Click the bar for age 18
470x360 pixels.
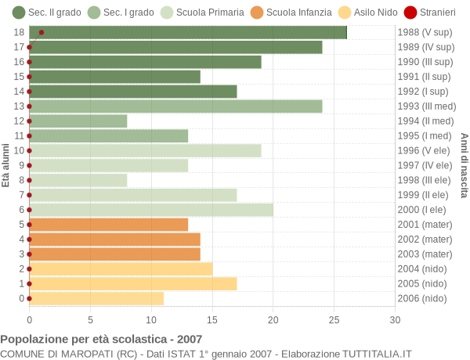coord(188,32)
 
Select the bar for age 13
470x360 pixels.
coord(175,106)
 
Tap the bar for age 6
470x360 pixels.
coord(151,210)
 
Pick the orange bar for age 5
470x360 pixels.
coord(109,225)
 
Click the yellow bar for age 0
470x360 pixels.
coord(96,298)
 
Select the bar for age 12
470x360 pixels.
coord(78,121)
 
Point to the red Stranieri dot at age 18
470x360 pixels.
coord(42,32)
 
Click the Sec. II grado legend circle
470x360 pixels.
coord(19,12)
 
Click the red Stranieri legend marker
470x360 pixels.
coord(410,12)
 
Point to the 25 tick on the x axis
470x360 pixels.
coord(334,319)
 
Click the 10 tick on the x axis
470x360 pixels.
coord(151,319)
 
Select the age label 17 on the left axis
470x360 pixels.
coord(19,47)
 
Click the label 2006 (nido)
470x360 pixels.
coord(423,298)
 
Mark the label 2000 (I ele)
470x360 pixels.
coord(423,210)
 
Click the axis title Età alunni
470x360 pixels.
coord(6,165)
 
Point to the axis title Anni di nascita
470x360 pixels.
coord(464,165)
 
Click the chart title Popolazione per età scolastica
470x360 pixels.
coord(101,340)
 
